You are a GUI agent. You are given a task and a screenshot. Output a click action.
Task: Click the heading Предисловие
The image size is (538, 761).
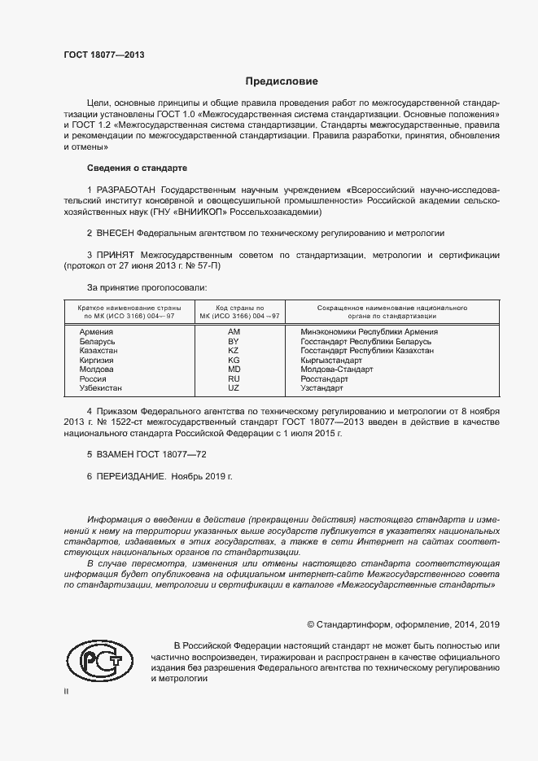282,81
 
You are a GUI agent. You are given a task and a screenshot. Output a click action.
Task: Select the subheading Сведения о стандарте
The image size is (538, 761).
137,168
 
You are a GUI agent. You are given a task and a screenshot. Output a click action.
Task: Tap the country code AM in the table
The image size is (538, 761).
234,332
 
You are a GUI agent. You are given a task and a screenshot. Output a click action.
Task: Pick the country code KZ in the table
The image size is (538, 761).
234,351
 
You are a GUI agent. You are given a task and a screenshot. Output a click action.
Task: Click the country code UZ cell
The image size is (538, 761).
234,388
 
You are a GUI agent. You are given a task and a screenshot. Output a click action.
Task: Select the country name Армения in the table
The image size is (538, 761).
96,332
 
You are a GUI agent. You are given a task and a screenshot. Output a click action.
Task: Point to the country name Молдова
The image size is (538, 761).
97,370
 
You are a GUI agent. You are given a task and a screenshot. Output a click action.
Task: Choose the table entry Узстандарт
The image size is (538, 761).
323,388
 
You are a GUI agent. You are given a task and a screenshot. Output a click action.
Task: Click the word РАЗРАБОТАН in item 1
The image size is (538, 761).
127,190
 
